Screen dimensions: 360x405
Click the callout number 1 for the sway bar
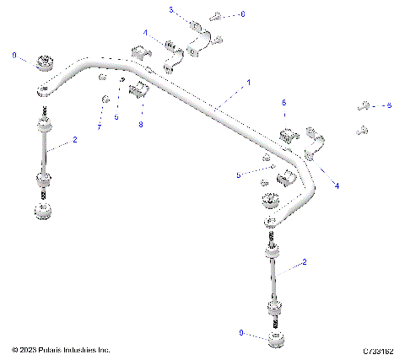[x=248, y=83]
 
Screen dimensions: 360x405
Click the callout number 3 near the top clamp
[x=171, y=10]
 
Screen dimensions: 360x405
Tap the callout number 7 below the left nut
[x=99, y=126]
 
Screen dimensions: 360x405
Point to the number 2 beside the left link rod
[x=74, y=140]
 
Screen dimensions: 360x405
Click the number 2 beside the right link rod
[x=305, y=264]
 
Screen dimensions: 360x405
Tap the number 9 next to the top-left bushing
[x=13, y=55]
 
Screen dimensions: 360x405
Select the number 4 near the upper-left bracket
[x=144, y=33]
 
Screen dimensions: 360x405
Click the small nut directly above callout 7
[x=105, y=100]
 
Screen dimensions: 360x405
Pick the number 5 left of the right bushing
[x=239, y=175]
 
